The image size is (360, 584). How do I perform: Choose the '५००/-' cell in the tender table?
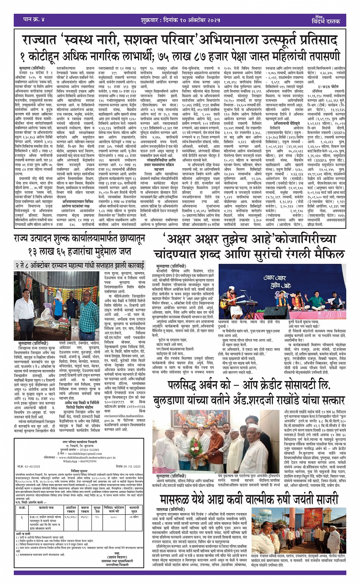click(x=114, y=517)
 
